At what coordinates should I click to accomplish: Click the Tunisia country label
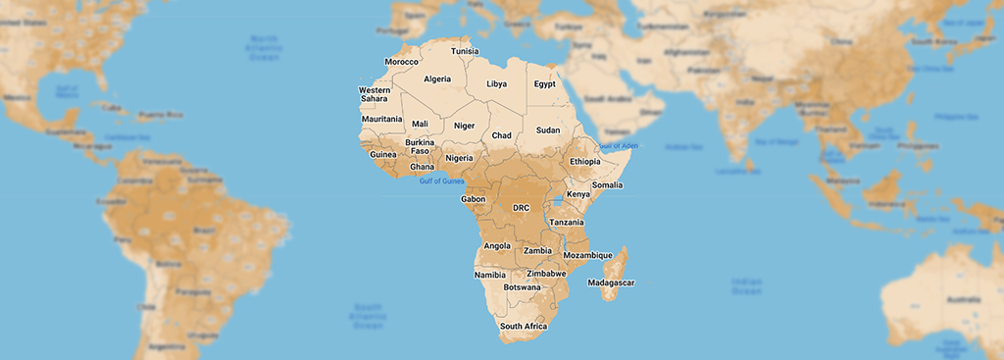click(x=466, y=51)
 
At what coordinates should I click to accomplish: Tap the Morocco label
click(x=401, y=62)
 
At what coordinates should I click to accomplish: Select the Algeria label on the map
click(x=437, y=79)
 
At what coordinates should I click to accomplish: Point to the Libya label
click(x=497, y=84)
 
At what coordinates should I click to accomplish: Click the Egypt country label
click(x=545, y=84)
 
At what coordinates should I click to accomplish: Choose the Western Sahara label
click(x=375, y=95)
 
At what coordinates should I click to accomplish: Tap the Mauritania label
click(x=381, y=120)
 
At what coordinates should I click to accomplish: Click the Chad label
click(x=501, y=135)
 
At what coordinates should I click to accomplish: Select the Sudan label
click(x=548, y=130)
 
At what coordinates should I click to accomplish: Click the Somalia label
click(x=607, y=185)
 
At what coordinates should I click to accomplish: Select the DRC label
click(x=522, y=208)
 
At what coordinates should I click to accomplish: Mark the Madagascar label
click(x=611, y=283)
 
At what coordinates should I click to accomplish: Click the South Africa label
click(x=524, y=327)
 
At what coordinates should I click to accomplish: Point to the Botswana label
click(x=522, y=287)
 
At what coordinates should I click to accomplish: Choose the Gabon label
click(x=474, y=199)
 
